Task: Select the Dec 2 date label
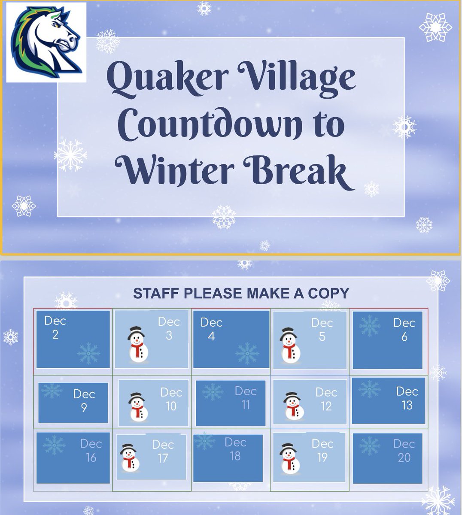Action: [55, 328]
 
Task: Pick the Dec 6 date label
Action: [404, 330]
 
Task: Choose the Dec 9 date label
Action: [84, 400]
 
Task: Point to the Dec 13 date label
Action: [407, 398]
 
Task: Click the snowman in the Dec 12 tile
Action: [293, 406]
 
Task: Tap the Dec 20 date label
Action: [404, 451]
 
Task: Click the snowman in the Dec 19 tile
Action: [289, 457]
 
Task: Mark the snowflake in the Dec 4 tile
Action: [247, 354]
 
